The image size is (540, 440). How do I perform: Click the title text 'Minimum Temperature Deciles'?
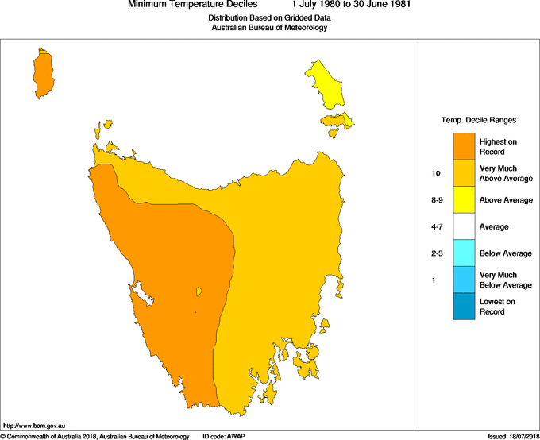193,5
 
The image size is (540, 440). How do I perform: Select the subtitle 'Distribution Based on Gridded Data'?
269,17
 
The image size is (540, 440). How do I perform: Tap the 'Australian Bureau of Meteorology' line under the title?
269,27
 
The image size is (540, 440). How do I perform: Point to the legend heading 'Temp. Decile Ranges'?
478,120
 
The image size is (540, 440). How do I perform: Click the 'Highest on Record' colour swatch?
464,146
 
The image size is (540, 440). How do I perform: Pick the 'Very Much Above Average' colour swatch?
464,173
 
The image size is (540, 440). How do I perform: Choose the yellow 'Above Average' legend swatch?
464,200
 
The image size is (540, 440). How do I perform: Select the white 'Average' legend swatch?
464,226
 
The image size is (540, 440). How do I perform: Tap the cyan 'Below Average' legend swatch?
464,253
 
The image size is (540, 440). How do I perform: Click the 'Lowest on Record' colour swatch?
464,307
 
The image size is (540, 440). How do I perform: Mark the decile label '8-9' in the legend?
434,200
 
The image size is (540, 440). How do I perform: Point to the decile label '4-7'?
434,227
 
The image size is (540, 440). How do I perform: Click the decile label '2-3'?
434,253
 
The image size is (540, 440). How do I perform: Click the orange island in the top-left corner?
44,71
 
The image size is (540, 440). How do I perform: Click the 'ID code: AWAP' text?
225,436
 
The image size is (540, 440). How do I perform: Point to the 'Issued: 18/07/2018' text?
512,436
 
